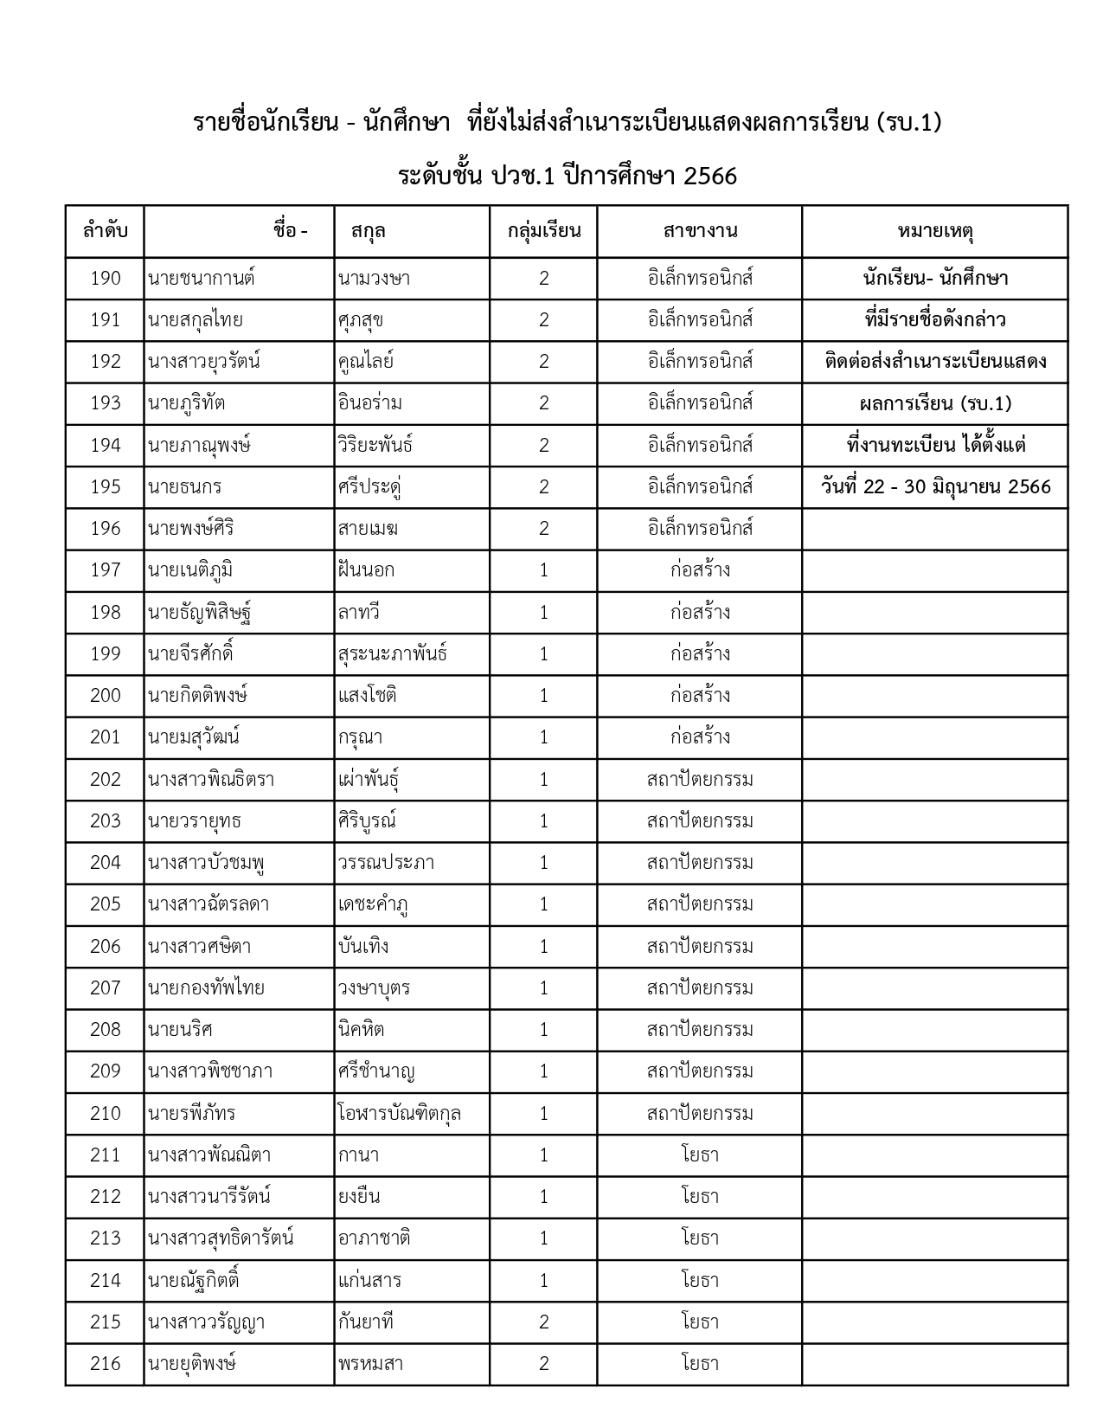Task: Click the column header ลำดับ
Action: click(105, 231)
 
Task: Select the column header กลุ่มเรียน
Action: click(543, 231)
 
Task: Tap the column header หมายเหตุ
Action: click(935, 231)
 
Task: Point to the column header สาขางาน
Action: click(700, 231)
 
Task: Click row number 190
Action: click(105, 279)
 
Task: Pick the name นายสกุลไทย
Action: click(196, 320)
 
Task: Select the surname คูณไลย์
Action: click(366, 362)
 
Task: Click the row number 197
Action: click(105, 570)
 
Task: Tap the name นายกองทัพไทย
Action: click(206, 988)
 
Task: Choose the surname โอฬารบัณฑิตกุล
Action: click(400, 1114)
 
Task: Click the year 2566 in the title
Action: click(709, 177)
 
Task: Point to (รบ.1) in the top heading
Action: click(908, 123)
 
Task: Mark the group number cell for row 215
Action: click(543, 1322)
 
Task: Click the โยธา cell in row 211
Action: click(700, 1155)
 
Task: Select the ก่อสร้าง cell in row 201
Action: click(700, 737)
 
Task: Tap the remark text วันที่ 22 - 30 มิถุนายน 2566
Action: click(935, 487)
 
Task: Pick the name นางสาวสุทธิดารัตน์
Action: click(221, 1238)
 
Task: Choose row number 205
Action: click(105, 904)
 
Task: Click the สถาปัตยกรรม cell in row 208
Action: click(700, 1030)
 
